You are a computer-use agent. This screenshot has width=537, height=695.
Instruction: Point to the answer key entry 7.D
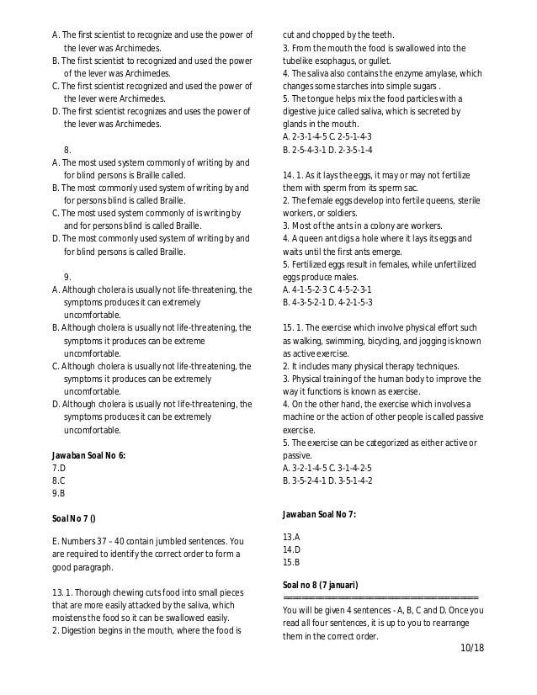pyautogui.click(x=59, y=467)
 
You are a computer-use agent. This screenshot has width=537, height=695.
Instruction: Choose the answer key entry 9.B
pyautogui.click(x=59, y=494)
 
